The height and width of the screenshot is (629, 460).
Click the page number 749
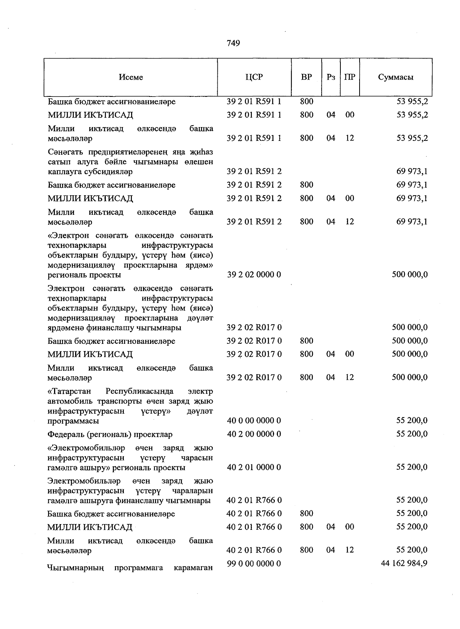point(233,43)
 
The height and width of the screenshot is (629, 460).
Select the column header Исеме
point(131,77)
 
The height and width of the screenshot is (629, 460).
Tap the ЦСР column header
point(254,77)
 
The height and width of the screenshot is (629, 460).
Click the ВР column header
point(306,77)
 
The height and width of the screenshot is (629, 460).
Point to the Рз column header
point(331,77)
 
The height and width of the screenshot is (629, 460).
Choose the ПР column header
point(350,77)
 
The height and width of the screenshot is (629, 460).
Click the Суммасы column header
point(396,77)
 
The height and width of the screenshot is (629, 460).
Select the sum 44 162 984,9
point(404,563)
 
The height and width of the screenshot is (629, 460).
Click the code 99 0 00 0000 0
point(254,564)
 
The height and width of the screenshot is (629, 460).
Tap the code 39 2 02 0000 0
point(254,274)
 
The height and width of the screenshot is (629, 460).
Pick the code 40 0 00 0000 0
point(254,421)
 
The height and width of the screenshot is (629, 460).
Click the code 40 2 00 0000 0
point(254,434)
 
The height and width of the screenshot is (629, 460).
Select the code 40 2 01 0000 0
point(254,467)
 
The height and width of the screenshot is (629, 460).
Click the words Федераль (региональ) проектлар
point(110,435)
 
